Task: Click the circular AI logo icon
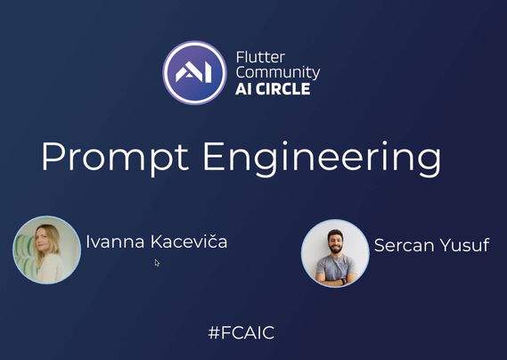pos(194,72)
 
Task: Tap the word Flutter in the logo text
pos(260,57)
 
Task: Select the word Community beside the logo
pos(278,73)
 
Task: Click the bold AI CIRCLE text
pos(273,89)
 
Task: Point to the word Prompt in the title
pos(115,158)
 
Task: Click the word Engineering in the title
pos(322,159)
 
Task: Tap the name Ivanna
pos(115,241)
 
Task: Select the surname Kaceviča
pos(189,241)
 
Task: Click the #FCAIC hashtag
pos(241,332)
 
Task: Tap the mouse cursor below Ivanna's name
pos(157,263)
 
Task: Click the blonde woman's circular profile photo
pos(46,250)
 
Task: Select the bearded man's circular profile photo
pos(335,253)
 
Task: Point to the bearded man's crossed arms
pos(336,278)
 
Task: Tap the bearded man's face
pos(335,242)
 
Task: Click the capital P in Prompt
pos(54,156)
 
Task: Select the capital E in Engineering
pos(215,156)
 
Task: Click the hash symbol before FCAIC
pos(214,332)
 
